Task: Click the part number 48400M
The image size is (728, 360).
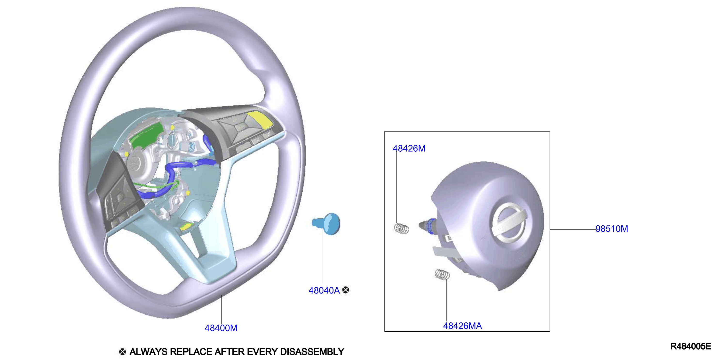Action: pos(221,328)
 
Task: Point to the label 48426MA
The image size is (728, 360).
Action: pos(462,326)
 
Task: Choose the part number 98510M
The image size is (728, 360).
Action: pos(612,229)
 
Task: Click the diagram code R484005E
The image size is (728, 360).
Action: pos(690,346)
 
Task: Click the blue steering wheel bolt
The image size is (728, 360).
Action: pos(326,224)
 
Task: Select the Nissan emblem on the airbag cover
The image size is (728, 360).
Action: pos(509,222)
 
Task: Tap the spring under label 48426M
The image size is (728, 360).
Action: pos(401,228)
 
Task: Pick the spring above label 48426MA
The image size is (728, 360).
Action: pos(442,274)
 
